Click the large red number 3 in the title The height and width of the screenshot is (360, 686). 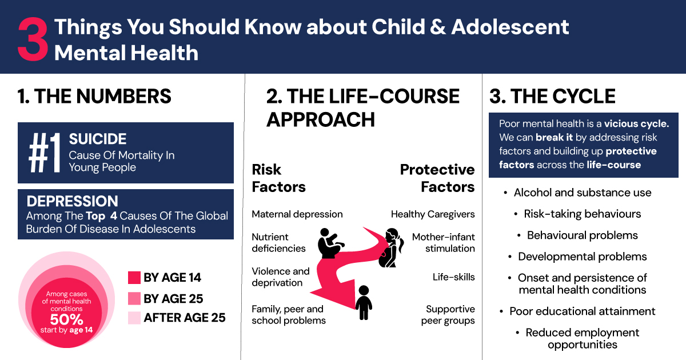pos(33,39)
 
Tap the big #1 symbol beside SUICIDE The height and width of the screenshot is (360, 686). pos(45,153)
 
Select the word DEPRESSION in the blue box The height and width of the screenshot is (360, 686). pos(72,201)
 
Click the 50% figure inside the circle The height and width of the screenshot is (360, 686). pos(66,319)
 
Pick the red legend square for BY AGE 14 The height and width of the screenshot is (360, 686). pos(134,278)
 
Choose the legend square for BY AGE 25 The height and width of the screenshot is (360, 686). pos(134,298)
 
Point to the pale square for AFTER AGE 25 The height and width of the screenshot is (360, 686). pos(134,318)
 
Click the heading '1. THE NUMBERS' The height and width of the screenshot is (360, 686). pos(94,96)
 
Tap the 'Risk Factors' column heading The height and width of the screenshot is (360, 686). pos(279,178)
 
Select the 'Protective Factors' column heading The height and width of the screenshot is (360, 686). pos(437,178)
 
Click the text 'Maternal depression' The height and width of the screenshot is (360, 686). pos(297,214)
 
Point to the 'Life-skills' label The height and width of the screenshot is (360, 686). pos(453,277)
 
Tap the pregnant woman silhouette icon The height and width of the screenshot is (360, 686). pos(390,248)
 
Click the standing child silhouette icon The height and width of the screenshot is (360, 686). pos(364,303)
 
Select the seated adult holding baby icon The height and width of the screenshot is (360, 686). pos(330,243)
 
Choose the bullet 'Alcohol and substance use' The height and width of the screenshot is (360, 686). pos(583,193)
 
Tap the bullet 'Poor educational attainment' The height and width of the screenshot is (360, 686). pos(583,311)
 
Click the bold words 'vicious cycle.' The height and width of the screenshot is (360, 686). pos(636,123)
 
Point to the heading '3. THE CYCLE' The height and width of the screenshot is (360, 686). pos(552,96)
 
